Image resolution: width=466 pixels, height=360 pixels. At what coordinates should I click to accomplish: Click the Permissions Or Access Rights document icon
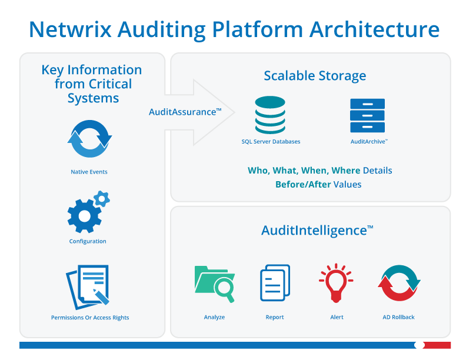[x=88, y=286]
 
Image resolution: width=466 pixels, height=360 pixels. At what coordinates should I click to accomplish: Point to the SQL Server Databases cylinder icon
[x=270, y=115]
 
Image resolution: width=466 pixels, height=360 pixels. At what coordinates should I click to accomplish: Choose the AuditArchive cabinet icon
[x=367, y=116]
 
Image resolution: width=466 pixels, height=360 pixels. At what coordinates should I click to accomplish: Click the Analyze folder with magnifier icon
[x=214, y=284]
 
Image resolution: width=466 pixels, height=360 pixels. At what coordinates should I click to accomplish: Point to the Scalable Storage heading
[x=315, y=76]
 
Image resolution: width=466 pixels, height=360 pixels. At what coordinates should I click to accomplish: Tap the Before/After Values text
[x=318, y=184]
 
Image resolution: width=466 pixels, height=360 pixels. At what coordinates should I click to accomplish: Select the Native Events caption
[x=89, y=172]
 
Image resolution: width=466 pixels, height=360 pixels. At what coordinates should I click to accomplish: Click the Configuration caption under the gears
[x=88, y=241]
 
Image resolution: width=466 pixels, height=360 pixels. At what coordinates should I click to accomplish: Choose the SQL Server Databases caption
[x=271, y=142]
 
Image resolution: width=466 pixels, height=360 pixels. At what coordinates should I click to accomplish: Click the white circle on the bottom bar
[x=419, y=345]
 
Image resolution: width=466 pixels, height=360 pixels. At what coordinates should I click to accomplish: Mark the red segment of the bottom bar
[x=438, y=345]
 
